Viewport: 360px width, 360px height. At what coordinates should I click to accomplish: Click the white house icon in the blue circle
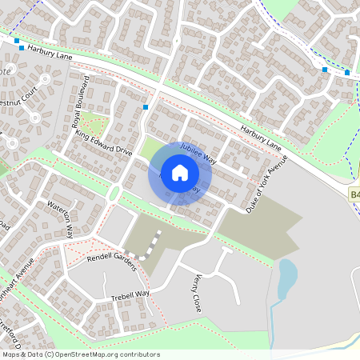point(179,172)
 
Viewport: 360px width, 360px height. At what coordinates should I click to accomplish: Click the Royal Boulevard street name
point(81,102)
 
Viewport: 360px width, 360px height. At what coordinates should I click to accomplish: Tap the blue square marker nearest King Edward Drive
point(146,106)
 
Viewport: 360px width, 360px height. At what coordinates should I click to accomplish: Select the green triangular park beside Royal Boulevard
point(93,124)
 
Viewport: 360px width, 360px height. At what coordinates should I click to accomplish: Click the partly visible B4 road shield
point(354,194)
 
